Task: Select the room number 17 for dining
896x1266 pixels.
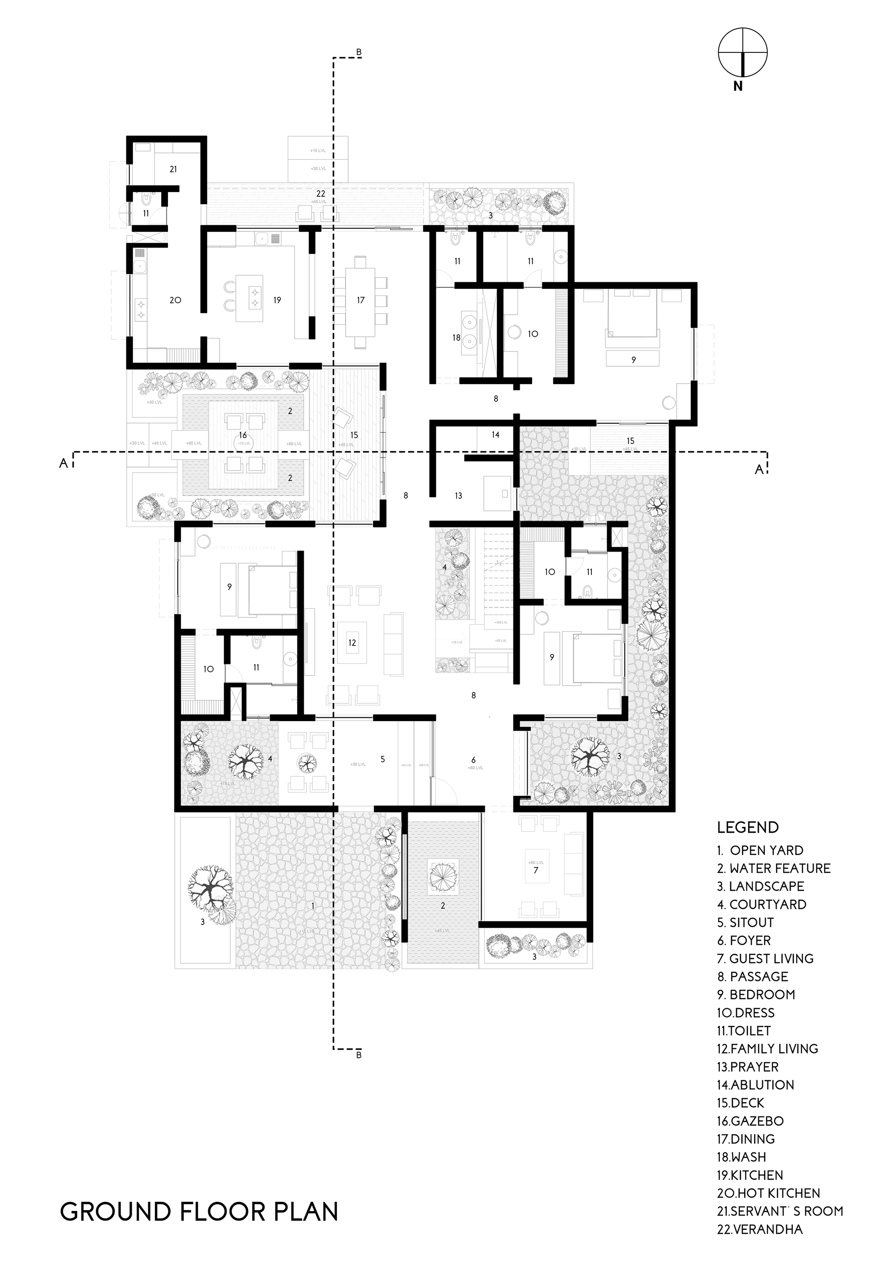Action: click(361, 300)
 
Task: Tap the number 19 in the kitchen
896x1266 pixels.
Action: click(277, 300)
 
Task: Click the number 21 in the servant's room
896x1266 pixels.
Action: click(173, 169)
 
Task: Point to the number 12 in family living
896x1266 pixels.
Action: click(352, 642)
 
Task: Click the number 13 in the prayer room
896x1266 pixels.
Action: click(458, 496)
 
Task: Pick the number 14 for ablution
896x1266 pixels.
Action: click(495, 435)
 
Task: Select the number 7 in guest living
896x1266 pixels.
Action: click(535, 871)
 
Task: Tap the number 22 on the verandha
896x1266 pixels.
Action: click(321, 194)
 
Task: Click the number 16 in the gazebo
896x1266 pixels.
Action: click(243, 436)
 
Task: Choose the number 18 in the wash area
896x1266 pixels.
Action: click(456, 338)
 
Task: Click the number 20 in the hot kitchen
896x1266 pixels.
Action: click(176, 300)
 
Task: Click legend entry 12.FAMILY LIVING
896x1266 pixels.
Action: click(767, 1049)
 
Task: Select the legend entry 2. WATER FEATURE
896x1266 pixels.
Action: click(774, 868)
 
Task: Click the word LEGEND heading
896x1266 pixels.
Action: click(748, 827)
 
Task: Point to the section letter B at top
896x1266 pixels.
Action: click(358, 53)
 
